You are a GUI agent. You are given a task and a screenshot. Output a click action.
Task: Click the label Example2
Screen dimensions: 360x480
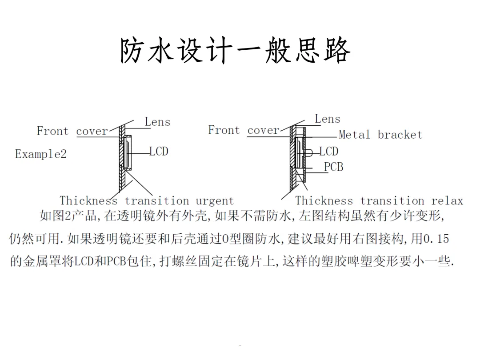pos(41,155)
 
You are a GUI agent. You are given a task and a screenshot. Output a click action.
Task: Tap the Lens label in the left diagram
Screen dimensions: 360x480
pos(157,122)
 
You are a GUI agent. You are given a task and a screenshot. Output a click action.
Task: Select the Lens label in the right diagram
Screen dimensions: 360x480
pos(328,119)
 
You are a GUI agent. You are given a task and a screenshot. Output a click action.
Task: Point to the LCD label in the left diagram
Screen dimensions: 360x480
pos(159,152)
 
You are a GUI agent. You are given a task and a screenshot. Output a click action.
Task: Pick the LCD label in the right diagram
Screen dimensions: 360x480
pos(329,152)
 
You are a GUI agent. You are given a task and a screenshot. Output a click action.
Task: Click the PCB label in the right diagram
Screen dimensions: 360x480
pos(333,167)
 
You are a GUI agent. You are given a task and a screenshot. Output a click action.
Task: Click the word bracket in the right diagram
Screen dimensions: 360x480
pos(400,135)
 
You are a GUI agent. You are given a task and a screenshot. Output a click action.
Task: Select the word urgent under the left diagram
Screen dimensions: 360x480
pos(215,201)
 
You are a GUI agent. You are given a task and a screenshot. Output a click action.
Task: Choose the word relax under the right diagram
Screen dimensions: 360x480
pos(447,201)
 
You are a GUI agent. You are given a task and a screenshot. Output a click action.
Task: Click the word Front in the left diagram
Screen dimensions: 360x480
pos(52,131)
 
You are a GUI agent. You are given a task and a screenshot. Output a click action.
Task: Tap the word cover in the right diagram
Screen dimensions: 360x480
pos(263,130)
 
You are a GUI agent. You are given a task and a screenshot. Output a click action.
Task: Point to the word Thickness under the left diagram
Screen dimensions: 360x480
pos(88,201)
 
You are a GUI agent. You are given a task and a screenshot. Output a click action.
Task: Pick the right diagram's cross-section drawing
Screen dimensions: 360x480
pos(297,156)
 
